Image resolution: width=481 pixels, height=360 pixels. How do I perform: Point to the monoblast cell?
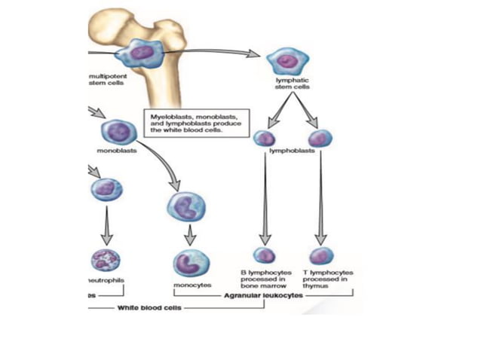(117, 133)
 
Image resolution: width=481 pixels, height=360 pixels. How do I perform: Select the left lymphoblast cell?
(264, 138)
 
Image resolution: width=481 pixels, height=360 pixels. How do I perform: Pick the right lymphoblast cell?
(320, 139)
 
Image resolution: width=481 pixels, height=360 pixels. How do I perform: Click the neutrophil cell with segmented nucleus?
(105, 261)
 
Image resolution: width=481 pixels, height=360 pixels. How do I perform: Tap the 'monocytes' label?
(192, 286)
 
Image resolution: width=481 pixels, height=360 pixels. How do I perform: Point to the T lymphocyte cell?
(321, 255)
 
